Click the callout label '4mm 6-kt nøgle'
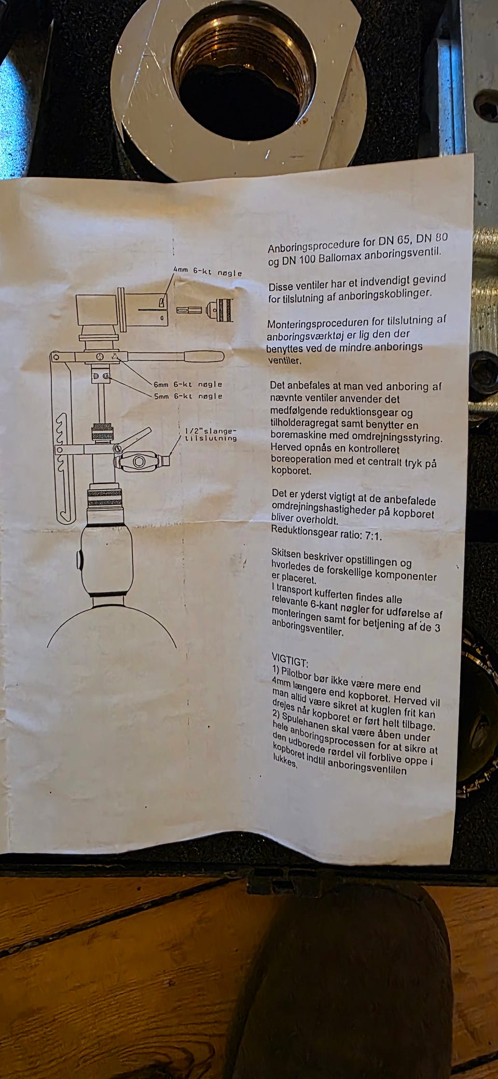click(x=208, y=272)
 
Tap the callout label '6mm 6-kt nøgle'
click(x=188, y=384)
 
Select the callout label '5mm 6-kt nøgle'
click(x=188, y=396)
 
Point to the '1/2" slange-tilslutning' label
click(x=211, y=435)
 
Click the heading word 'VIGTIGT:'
click(x=290, y=662)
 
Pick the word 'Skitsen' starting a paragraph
click(x=288, y=553)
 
